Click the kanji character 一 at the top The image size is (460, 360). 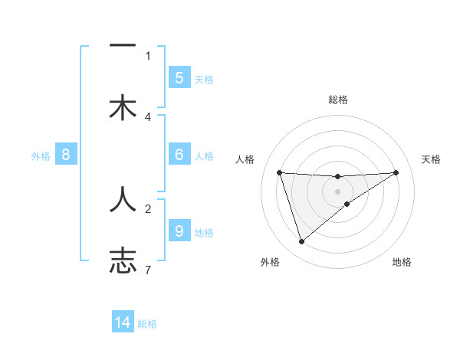123,46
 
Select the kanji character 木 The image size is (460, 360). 123,107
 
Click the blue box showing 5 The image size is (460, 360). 179,77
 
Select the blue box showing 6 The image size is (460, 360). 179,155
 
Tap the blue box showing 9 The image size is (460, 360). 179,231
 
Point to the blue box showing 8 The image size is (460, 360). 66,155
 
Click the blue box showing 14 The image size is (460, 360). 123,322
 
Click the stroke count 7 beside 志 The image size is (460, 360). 148,270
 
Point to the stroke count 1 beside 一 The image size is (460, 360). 148,55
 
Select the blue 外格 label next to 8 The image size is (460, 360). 41,155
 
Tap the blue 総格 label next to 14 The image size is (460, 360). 147,324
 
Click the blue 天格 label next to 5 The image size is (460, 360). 204,79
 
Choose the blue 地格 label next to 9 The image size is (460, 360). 204,232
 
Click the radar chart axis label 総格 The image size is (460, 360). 338,100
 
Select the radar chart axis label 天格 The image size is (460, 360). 431,159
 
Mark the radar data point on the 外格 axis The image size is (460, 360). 301,241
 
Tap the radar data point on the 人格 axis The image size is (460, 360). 280,172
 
